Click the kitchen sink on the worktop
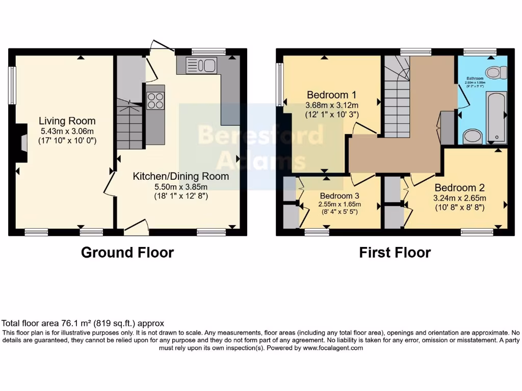pyautogui.click(x=202, y=65)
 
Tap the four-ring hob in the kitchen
pyautogui.click(x=155, y=101)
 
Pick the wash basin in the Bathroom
pyautogui.click(x=473, y=136)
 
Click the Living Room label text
pyautogui.click(x=67, y=121)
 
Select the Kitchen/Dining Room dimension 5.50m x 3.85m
pyautogui.click(x=181, y=186)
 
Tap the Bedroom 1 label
pyautogui.click(x=331, y=95)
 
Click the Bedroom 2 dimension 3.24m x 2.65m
pyautogui.click(x=460, y=199)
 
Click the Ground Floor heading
pyautogui.click(x=127, y=252)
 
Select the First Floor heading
pyautogui.click(x=395, y=252)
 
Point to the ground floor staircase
pyautogui.click(x=129, y=125)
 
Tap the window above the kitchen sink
pyautogui.click(x=208, y=51)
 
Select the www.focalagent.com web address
pyautogui.click(x=333, y=348)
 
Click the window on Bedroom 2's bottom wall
pyautogui.click(x=477, y=232)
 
